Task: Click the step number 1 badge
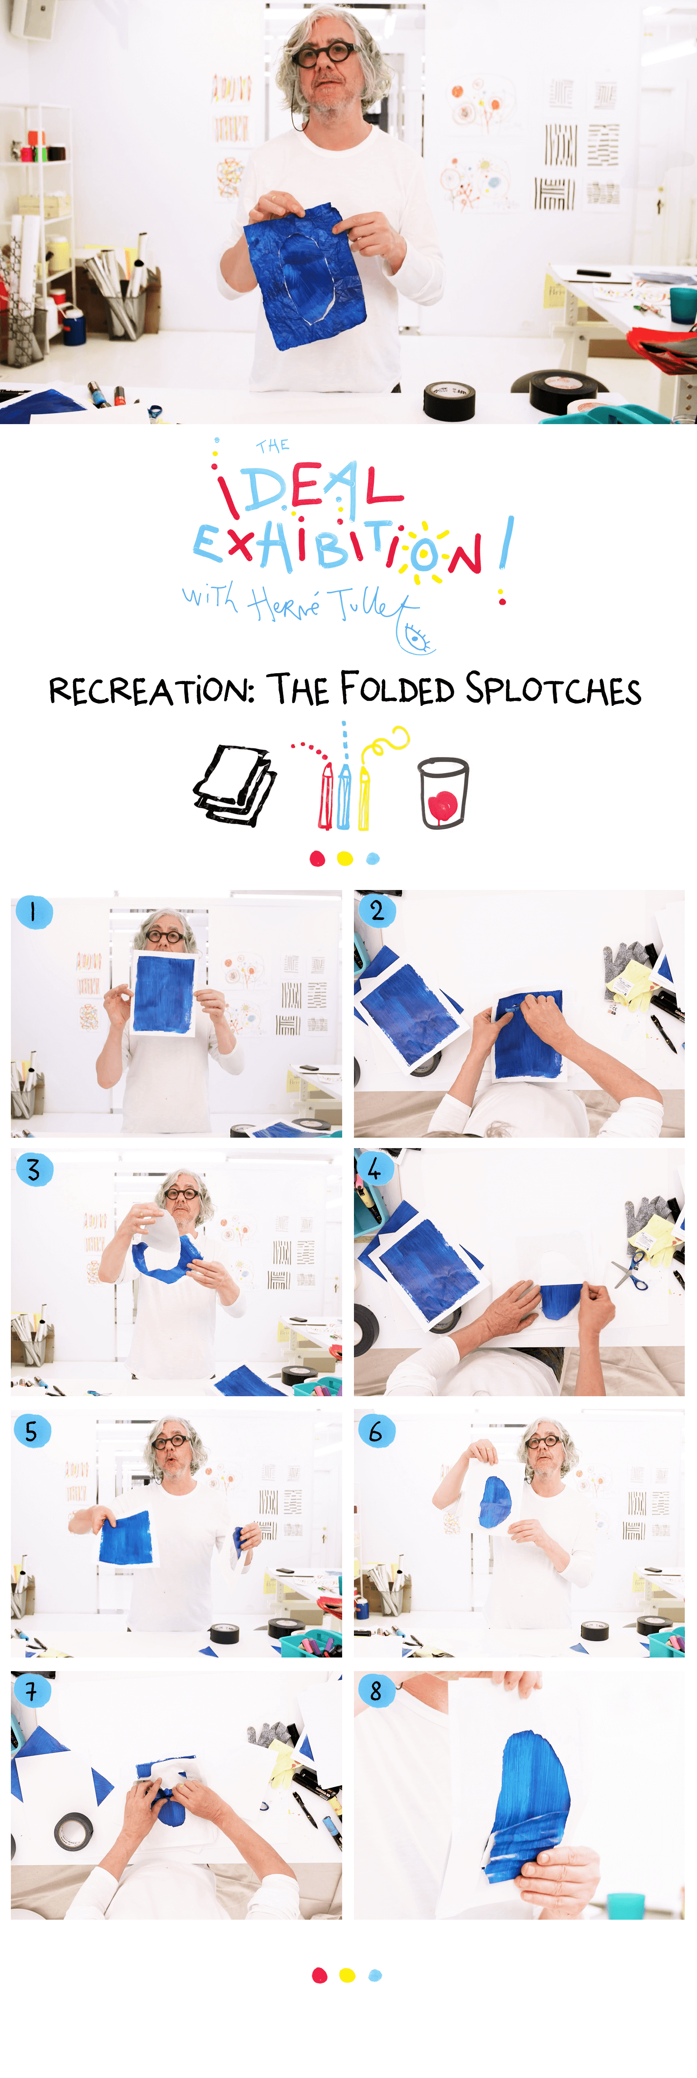[33, 912]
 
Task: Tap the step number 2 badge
[376, 911]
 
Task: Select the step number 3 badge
[34, 1170]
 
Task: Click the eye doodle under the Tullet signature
[416, 638]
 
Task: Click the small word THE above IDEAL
[273, 446]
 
